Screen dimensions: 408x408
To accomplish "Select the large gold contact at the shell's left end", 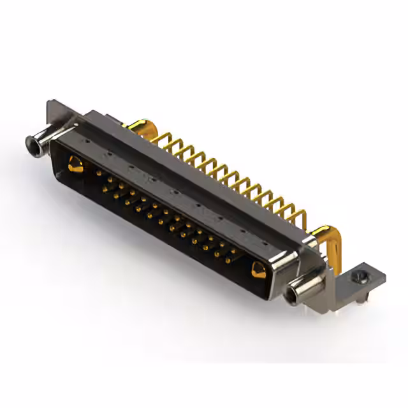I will click(x=74, y=167).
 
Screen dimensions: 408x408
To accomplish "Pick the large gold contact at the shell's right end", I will click(x=258, y=271).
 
